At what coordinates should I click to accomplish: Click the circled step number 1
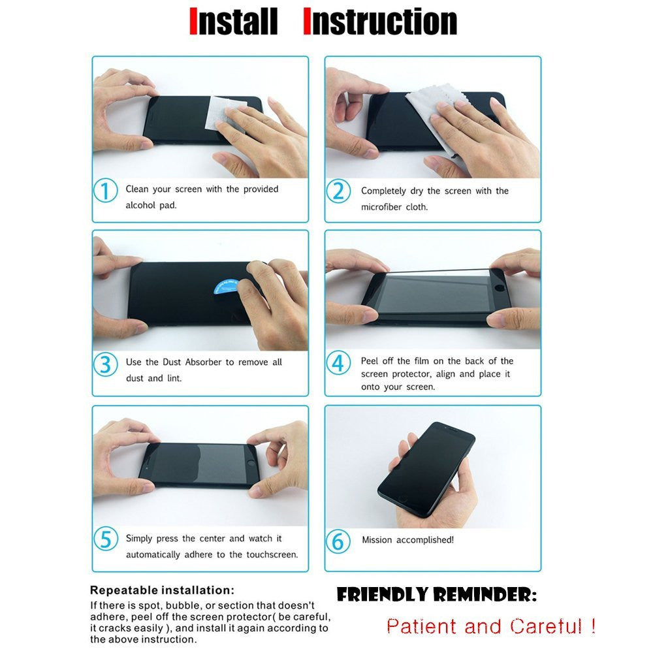point(105,191)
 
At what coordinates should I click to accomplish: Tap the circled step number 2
point(338,191)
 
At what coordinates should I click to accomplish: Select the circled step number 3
point(105,364)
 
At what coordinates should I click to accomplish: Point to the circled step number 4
point(338,362)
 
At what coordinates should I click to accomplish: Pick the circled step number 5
point(106,539)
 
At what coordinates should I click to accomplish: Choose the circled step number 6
point(338,541)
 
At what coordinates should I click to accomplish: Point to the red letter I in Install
point(193,21)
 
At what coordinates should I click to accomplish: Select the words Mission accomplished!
point(407,540)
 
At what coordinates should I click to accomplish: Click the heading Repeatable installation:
point(162,590)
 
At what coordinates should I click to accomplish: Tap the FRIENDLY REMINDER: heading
point(436,594)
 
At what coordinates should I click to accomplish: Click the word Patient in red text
point(421,626)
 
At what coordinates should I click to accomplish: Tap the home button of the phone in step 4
point(498,288)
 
